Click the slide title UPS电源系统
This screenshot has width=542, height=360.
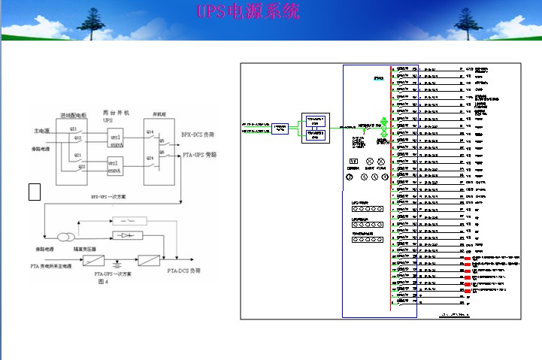pyautogui.click(x=248, y=13)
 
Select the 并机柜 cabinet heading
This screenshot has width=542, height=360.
pyautogui.click(x=160, y=113)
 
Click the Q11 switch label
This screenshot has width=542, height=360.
pyautogui.click(x=74, y=129)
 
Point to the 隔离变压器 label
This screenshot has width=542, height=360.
pyautogui.click(x=82, y=247)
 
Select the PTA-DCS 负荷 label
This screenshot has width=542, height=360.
pyautogui.click(x=184, y=269)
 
